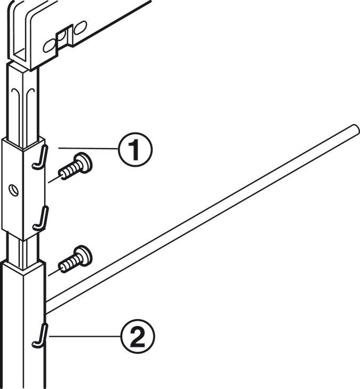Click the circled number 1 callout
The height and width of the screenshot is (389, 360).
click(135, 150)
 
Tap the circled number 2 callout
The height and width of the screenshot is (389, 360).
click(138, 336)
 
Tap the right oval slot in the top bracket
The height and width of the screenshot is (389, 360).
click(81, 28)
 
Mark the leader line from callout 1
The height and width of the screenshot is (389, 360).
click(88, 148)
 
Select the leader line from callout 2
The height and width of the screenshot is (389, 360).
click(85, 336)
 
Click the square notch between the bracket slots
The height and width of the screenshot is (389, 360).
click(64, 39)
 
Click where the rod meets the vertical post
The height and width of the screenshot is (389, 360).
click(46, 307)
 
